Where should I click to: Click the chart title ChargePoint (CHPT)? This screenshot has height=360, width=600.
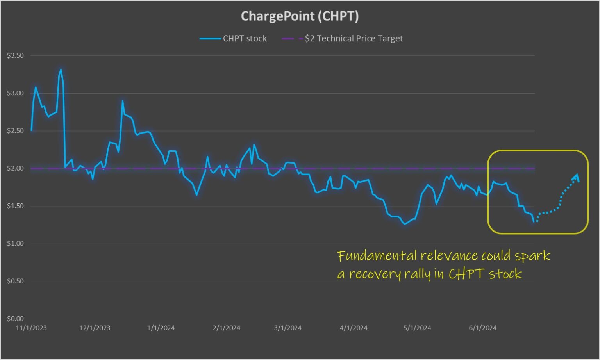[300, 16]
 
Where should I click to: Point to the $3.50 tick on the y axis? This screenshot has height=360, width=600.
[15, 56]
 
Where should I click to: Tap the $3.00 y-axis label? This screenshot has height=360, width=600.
[15, 93]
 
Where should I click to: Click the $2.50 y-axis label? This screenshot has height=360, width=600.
[15, 131]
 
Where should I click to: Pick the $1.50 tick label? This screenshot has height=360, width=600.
[15, 206]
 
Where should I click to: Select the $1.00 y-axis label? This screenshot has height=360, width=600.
[15, 243]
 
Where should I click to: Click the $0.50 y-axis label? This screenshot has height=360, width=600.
[15, 281]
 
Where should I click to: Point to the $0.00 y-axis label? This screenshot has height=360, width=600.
[15, 318]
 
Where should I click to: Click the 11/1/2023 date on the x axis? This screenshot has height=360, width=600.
[31, 328]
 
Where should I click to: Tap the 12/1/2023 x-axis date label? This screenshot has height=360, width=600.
[95, 328]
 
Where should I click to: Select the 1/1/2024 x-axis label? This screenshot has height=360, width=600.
[161, 328]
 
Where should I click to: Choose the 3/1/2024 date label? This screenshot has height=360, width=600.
[288, 328]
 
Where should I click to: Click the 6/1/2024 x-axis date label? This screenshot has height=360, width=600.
[483, 328]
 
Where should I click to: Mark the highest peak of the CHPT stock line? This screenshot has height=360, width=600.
[61, 70]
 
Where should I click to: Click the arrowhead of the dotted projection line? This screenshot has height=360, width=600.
[577, 176]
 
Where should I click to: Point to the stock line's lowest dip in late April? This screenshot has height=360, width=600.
[405, 224]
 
